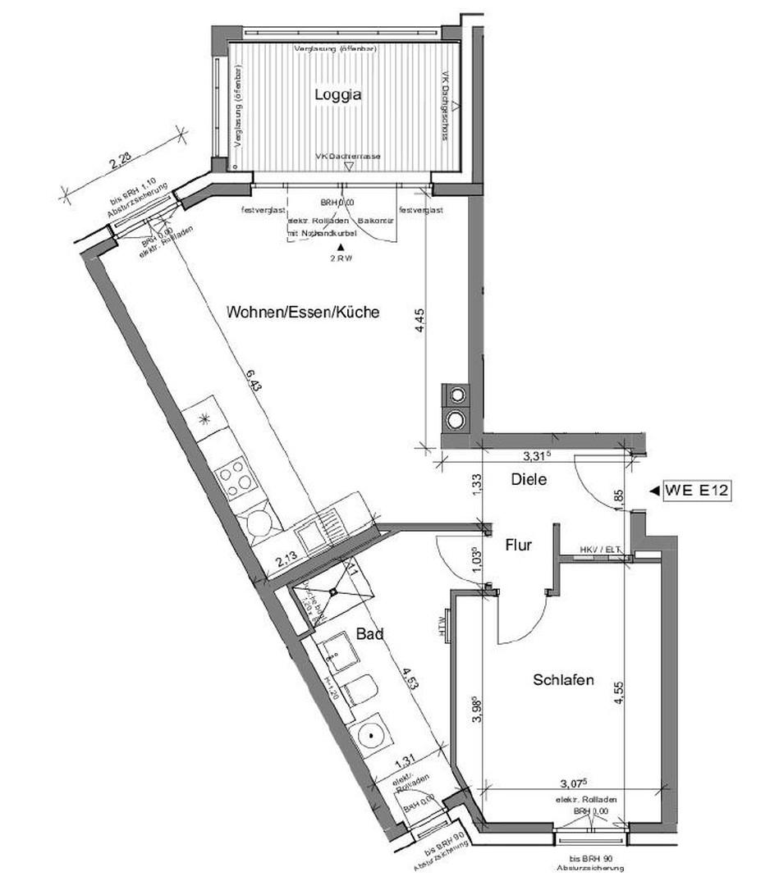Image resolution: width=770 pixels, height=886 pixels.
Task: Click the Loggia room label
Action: (x=338, y=94)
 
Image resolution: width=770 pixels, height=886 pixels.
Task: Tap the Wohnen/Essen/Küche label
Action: (x=303, y=313)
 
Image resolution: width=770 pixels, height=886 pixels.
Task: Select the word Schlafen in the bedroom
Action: (x=563, y=680)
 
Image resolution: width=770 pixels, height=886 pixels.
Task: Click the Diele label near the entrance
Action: (x=529, y=479)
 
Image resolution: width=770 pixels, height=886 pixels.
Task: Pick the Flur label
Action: (x=519, y=544)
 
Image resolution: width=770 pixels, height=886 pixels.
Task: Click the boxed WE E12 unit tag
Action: (x=696, y=491)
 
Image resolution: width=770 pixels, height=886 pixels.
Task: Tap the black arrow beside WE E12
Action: (x=653, y=491)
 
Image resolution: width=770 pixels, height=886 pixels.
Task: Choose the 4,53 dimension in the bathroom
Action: (x=403, y=681)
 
